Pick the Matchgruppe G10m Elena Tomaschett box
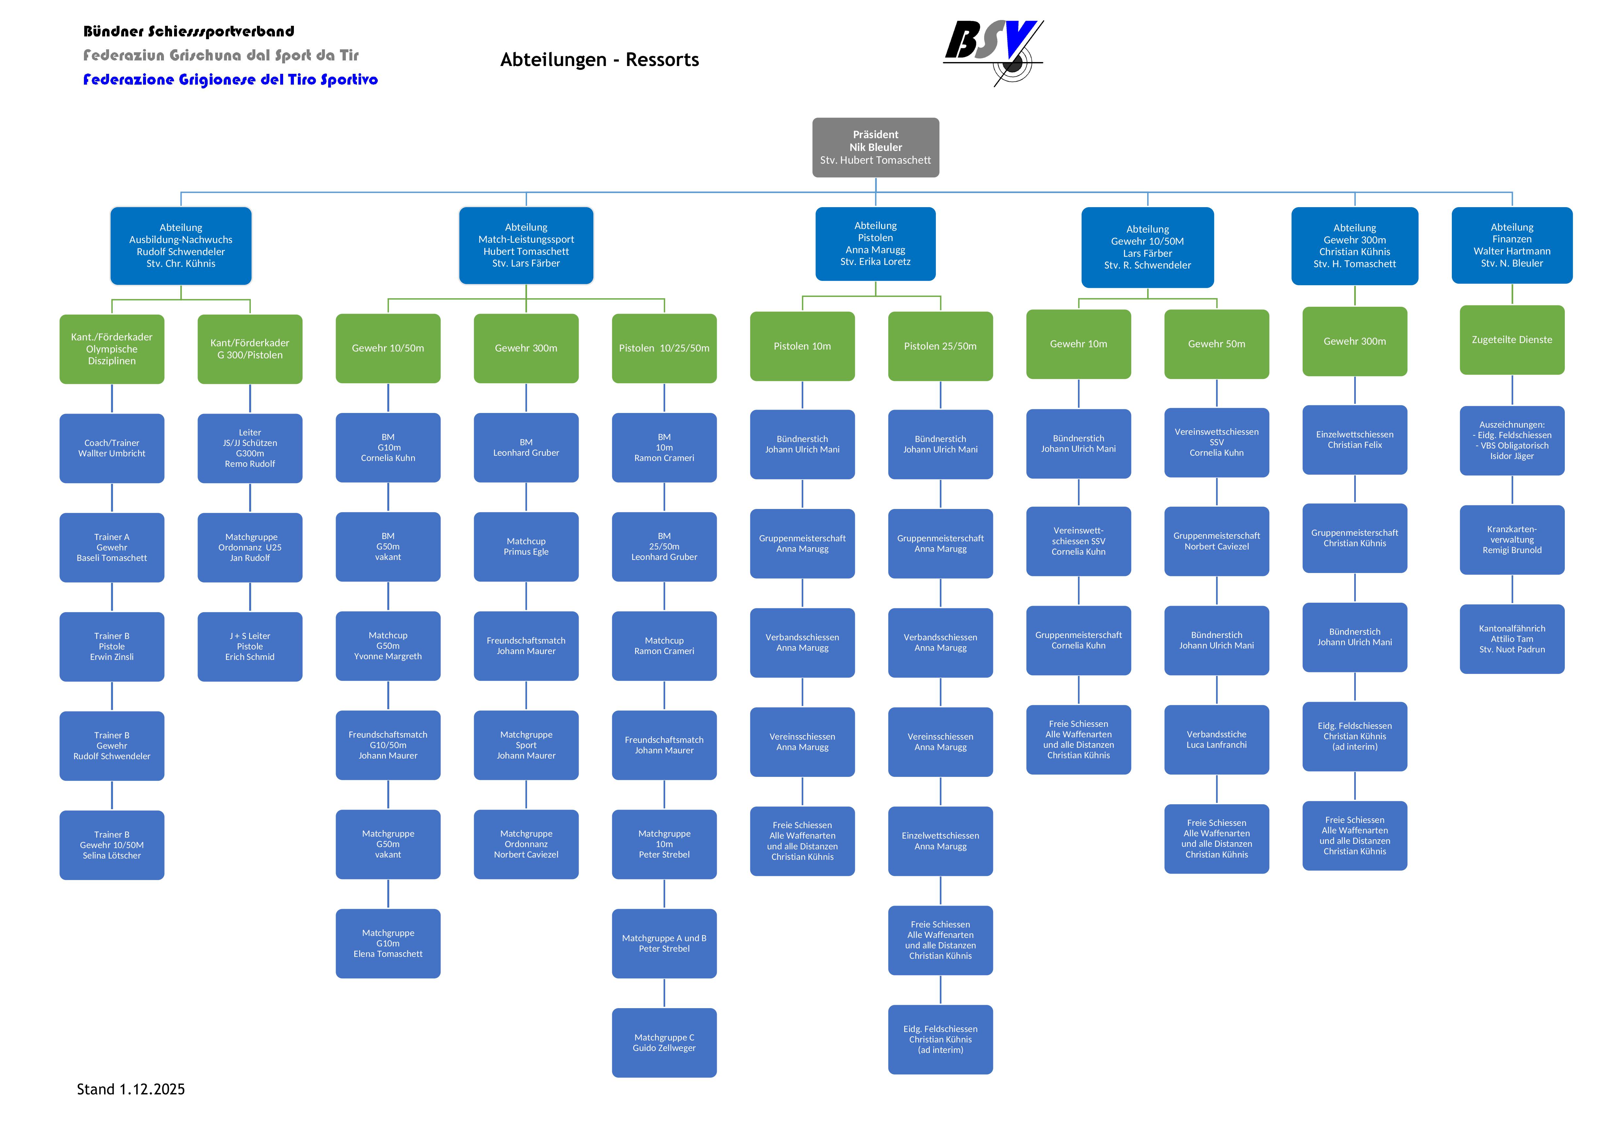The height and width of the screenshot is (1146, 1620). [x=388, y=943]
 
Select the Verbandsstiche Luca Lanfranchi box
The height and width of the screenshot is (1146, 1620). [x=1216, y=740]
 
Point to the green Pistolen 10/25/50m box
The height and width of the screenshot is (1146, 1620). [x=664, y=349]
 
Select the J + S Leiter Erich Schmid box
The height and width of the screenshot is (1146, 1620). [x=250, y=647]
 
